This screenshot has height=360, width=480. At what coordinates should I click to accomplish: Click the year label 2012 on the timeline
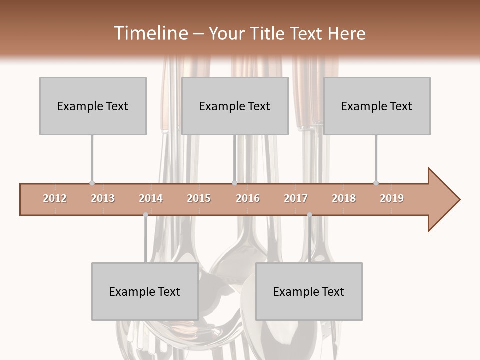(55, 198)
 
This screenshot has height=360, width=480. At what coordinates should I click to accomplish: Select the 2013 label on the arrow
(103, 198)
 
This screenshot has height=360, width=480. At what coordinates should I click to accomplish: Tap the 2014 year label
(151, 198)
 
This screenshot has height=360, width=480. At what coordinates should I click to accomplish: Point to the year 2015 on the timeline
(199, 198)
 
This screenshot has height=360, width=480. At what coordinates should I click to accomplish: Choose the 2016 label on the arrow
(248, 198)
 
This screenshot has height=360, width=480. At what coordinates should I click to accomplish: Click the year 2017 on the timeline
(296, 198)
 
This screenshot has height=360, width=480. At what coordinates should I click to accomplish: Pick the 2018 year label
(344, 198)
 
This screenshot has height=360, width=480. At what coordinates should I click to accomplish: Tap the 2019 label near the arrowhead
(392, 198)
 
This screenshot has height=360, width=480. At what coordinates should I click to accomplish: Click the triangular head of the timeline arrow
(442, 200)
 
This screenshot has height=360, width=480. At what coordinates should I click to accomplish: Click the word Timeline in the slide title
(150, 33)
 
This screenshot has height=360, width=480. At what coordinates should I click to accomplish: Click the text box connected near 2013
(93, 106)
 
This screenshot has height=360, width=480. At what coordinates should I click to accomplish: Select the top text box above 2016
(235, 106)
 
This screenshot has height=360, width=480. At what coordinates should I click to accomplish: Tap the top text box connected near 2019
(377, 106)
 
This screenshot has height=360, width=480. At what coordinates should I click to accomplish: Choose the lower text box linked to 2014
(145, 291)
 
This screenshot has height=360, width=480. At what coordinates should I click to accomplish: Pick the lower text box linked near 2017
(309, 291)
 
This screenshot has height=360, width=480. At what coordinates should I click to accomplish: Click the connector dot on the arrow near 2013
(92, 183)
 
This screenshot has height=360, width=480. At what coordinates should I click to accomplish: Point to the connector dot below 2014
(145, 215)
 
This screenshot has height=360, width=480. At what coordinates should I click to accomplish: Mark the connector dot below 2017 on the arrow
(309, 215)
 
